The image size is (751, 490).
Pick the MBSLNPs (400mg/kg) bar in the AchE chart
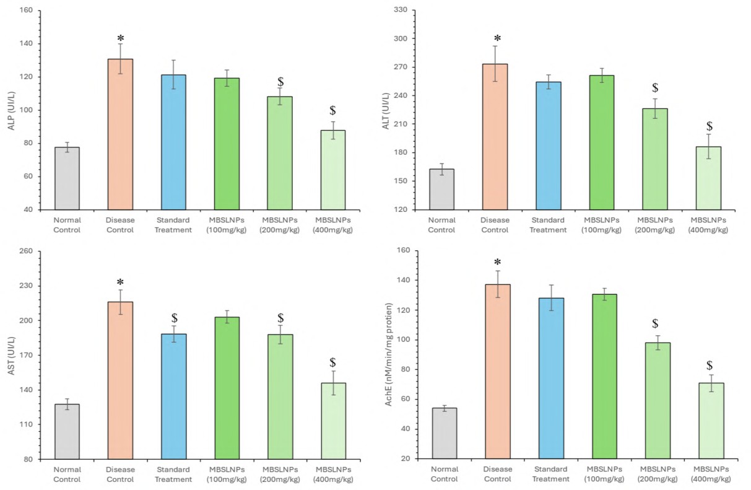[711, 421]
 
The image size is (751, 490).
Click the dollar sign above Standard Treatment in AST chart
[174, 318]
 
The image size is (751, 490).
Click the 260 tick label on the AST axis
[27, 251]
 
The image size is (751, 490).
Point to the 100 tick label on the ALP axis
[27, 110]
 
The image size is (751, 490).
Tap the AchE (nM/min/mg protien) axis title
[389, 354]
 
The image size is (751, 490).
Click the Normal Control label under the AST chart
[67, 475]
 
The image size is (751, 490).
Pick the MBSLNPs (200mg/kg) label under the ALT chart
[655, 225]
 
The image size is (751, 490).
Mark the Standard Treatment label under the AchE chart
[551, 475]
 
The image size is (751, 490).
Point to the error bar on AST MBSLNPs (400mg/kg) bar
[333, 382]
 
